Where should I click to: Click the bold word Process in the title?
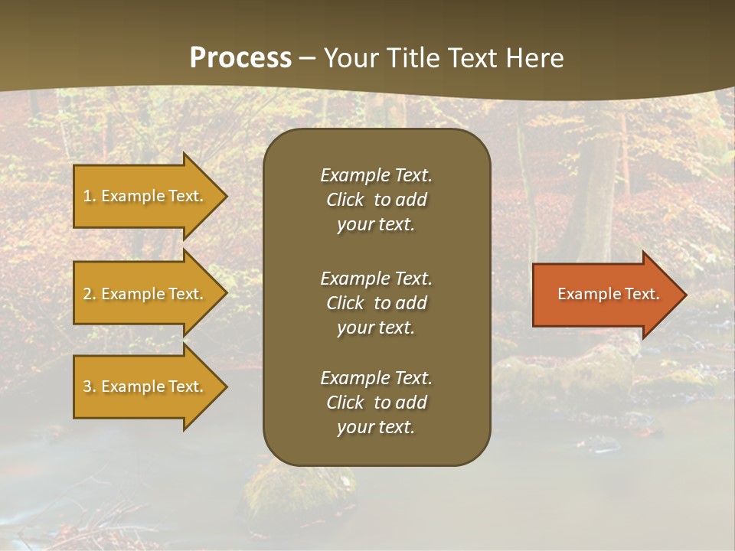pyautogui.click(x=240, y=58)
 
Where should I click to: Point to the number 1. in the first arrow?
pyautogui.click(x=89, y=196)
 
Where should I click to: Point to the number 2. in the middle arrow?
pyautogui.click(x=89, y=294)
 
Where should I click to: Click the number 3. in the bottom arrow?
pyautogui.click(x=89, y=386)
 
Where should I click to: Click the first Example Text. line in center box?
pyautogui.click(x=376, y=175)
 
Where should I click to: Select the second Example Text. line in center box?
pyautogui.click(x=376, y=278)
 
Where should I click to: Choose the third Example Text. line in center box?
pyautogui.click(x=376, y=378)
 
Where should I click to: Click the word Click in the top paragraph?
pyautogui.click(x=345, y=200)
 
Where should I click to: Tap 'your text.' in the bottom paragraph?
pyautogui.click(x=376, y=428)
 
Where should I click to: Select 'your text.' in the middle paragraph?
pyautogui.click(x=376, y=328)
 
